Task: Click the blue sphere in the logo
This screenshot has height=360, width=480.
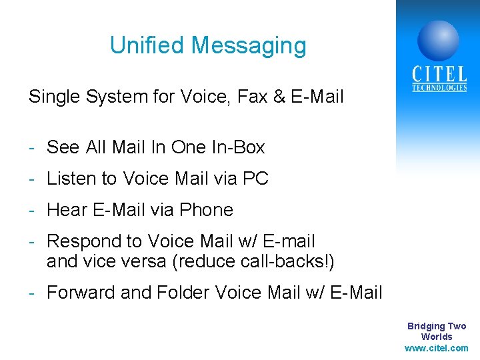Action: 438,40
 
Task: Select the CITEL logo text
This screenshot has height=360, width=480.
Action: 439,74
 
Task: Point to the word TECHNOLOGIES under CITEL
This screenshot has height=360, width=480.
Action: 439,88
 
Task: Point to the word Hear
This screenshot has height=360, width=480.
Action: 67,210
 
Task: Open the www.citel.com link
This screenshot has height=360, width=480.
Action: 437,348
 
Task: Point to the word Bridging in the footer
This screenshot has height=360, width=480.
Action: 426,326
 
